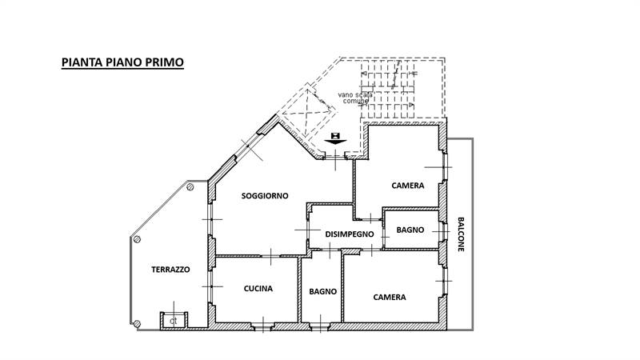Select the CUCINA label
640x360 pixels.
click(258, 289)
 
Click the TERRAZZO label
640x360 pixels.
click(170, 270)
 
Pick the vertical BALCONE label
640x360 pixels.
click(461, 234)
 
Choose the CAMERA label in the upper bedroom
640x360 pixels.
click(407, 186)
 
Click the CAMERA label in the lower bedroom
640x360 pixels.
click(390, 297)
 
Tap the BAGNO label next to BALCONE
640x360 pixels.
click(410, 230)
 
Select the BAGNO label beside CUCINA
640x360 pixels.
click(322, 291)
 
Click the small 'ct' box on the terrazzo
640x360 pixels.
click(172, 321)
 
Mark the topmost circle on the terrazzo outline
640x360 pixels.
click(191, 186)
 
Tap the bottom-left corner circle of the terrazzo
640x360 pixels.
click(136, 324)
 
